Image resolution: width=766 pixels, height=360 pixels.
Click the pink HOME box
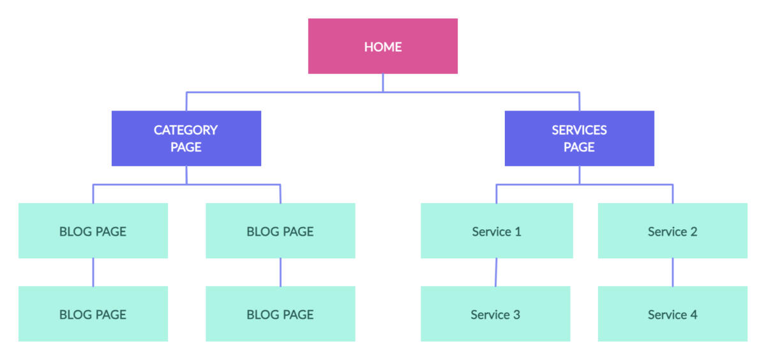pyautogui.click(x=383, y=46)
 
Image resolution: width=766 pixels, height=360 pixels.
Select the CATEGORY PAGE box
pyautogui.click(x=186, y=139)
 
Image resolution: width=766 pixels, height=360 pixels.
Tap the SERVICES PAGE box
pyautogui.click(x=580, y=139)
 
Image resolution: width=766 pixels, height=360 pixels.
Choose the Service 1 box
pyautogui.click(x=497, y=231)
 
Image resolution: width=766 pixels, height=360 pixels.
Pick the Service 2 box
pyautogui.click(x=673, y=231)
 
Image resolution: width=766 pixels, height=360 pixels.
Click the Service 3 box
pyautogui.click(x=495, y=313)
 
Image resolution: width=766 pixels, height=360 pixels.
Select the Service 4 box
pyautogui.click(x=673, y=313)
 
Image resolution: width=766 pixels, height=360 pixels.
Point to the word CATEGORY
pyautogui.click(x=186, y=130)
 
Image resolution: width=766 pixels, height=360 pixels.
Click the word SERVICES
pyautogui.click(x=580, y=130)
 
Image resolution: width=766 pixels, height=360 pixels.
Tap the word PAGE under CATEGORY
pyautogui.click(x=186, y=147)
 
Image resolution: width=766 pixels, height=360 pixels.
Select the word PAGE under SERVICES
pyautogui.click(x=580, y=147)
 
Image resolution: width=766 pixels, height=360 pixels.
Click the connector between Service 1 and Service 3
pyautogui.click(x=496, y=272)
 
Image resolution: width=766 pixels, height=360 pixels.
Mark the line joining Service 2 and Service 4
pyautogui.click(x=673, y=272)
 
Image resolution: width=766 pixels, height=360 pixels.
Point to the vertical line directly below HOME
pyautogui.click(x=383, y=82)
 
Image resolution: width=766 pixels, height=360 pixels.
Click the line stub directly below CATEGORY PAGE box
pyautogui.click(x=186, y=175)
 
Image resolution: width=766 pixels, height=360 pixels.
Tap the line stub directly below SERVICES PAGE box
pyautogui.click(x=580, y=175)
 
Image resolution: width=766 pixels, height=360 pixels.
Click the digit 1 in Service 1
pyautogui.click(x=518, y=232)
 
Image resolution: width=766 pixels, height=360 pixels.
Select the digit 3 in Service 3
pyautogui.click(x=516, y=315)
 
